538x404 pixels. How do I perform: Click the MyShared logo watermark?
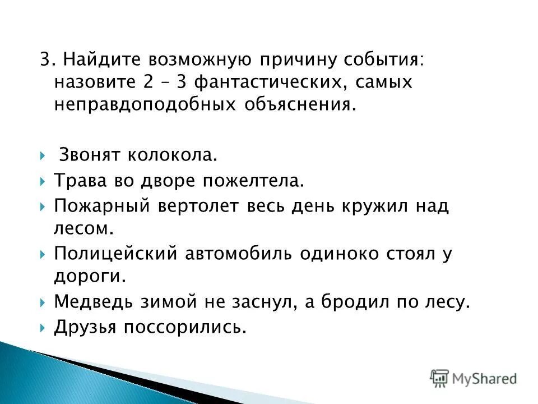(474, 378)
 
